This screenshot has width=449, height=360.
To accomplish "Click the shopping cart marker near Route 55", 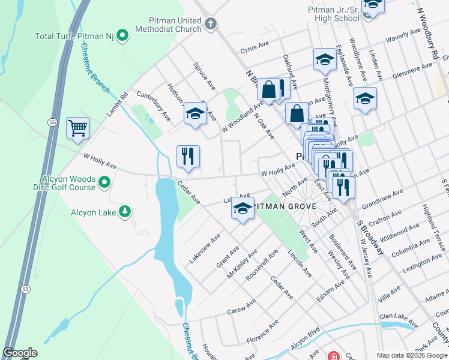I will (78, 128).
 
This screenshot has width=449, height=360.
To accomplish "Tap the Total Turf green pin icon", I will (122, 36).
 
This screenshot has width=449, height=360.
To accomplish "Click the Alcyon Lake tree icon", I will (125, 211).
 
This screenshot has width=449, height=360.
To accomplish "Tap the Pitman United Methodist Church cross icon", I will (209, 24).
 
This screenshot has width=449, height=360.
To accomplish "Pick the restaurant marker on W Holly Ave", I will (188, 157).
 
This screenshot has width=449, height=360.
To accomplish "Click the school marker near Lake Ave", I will (243, 209).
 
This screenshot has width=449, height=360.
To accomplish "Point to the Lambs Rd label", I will (117, 103).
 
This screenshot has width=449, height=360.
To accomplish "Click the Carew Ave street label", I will (241, 308).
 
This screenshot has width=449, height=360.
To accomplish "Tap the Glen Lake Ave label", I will (399, 320).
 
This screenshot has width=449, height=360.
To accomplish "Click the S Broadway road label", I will (370, 238).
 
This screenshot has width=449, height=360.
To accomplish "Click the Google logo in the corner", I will (20, 353).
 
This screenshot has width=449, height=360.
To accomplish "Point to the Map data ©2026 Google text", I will (411, 355).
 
